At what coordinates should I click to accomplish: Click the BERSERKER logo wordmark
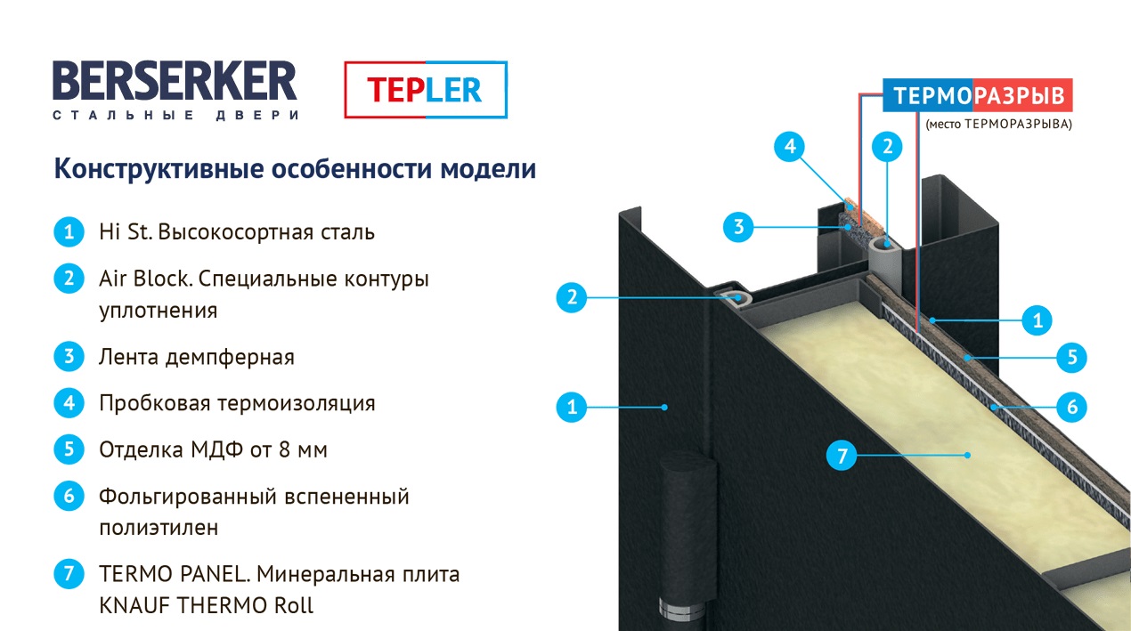click(175, 81)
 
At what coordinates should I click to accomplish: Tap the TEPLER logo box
click(426, 90)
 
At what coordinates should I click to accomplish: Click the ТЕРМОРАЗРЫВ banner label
click(978, 95)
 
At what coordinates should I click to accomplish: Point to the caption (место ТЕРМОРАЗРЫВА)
click(998, 124)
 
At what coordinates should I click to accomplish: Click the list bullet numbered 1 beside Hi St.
click(69, 231)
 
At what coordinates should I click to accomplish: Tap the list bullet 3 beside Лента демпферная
click(69, 356)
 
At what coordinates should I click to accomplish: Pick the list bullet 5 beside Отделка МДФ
click(69, 449)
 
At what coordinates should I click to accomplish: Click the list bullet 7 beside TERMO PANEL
click(69, 573)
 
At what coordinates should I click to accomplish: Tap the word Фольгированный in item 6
click(187, 497)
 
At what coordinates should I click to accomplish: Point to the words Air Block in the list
click(146, 279)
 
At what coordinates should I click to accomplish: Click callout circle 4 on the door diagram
click(790, 146)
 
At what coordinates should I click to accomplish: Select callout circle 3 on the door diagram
click(738, 227)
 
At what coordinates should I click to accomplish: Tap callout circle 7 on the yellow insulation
click(842, 456)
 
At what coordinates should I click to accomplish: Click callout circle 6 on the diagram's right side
click(1072, 407)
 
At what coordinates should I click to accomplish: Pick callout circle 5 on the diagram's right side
click(1072, 358)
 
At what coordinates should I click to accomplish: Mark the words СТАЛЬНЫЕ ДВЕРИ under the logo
click(175, 116)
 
